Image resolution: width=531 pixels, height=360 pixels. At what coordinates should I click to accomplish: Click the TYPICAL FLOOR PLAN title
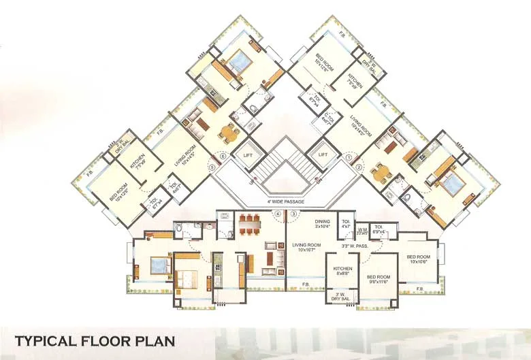click(95, 340)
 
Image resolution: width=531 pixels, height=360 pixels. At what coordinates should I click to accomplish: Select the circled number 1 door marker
click(349, 157)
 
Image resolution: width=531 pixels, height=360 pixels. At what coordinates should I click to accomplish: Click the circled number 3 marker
click(294, 214)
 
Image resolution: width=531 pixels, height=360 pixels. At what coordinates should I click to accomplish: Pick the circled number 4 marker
click(277, 214)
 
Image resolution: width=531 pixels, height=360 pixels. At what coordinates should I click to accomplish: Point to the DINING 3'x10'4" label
click(322, 225)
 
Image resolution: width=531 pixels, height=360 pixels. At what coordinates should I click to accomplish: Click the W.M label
click(363, 229)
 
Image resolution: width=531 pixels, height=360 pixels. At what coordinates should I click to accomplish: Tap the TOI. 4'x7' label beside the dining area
click(345, 224)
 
